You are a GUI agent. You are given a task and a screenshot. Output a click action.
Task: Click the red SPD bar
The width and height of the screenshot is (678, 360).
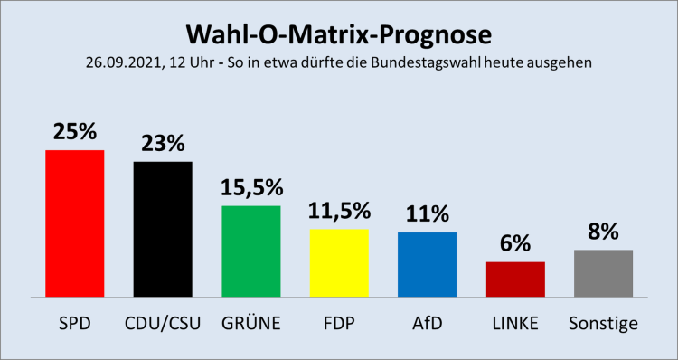(x=75, y=223)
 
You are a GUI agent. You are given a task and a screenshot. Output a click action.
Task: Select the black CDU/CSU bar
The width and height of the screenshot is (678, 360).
(x=163, y=229)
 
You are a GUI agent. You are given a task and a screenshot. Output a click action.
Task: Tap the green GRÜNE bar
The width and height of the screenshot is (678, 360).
(x=251, y=251)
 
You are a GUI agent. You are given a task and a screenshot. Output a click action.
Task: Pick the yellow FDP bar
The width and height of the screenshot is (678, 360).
(x=339, y=263)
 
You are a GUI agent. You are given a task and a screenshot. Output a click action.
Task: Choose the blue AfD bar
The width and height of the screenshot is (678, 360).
(x=427, y=264)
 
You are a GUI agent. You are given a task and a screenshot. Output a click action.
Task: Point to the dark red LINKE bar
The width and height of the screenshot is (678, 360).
(x=515, y=279)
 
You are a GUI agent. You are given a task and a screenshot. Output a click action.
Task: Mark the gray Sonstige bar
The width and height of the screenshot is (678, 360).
(x=603, y=273)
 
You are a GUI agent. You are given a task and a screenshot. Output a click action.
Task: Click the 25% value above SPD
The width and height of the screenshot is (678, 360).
(x=75, y=131)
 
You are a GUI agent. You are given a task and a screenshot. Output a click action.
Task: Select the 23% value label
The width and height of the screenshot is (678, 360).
(x=163, y=143)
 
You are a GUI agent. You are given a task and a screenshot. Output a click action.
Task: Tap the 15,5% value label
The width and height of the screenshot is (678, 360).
(x=251, y=187)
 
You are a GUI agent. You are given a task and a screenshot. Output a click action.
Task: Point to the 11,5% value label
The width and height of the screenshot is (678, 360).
(x=339, y=211)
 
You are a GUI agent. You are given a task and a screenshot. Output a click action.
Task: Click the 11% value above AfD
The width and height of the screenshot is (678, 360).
(x=427, y=213)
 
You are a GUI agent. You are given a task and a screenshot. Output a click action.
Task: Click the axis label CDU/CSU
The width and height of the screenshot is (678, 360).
(x=163, y=323)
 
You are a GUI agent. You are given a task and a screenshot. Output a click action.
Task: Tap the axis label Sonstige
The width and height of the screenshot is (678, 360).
(x=603, y=323)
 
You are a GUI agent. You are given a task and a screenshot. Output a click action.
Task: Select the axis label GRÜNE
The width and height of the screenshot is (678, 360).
(x=251, y=323)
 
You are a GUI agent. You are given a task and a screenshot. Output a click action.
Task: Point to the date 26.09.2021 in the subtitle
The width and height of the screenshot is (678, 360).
(x=119, y=63)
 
